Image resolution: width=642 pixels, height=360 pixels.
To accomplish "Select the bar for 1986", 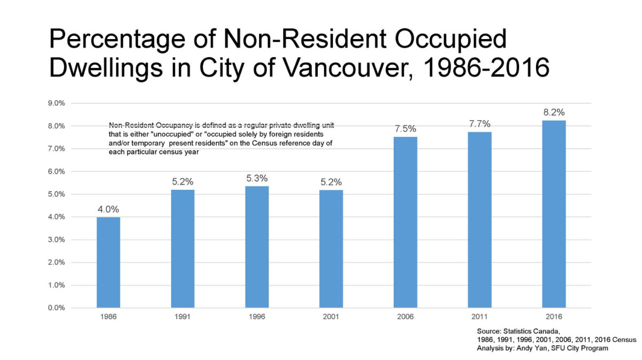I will [108, 262].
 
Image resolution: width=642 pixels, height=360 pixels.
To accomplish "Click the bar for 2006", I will [406, 222].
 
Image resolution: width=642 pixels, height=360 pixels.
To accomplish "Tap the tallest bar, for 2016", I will [554, 214].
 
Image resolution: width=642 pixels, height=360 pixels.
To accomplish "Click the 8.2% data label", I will [554, 112].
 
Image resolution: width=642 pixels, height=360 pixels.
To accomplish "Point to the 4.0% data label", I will [108, 209].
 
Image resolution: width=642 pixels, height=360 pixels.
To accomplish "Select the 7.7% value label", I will [480, 124].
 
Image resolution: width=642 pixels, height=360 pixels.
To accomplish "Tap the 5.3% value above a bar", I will [257, 178].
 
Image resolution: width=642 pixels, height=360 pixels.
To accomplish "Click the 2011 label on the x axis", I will [480, 317].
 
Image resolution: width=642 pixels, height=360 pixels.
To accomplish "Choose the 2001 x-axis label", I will [331, 317].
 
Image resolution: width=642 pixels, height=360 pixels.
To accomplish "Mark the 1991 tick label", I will [182, 317].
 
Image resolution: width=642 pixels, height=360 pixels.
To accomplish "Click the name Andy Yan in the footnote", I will [522, 348].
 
